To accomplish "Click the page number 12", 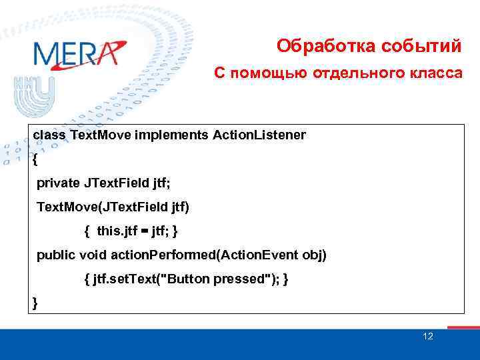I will point(428,336).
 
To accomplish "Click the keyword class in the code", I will point(49,135).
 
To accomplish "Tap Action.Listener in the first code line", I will point(259,135).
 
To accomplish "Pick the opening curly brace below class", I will point(35,160).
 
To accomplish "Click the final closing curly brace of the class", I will point(35,303).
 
